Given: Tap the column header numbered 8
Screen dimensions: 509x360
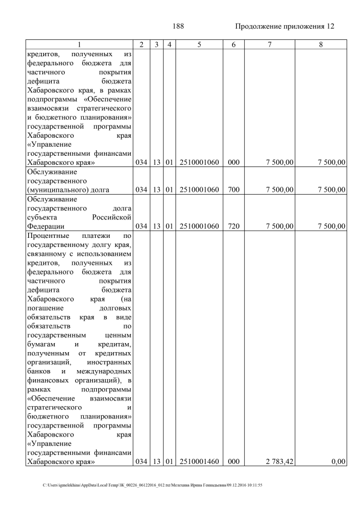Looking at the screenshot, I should click(320, 44).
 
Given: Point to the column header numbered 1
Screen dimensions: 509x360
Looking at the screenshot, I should click(79, 44).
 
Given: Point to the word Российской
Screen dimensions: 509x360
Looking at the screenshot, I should click(112, 217).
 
